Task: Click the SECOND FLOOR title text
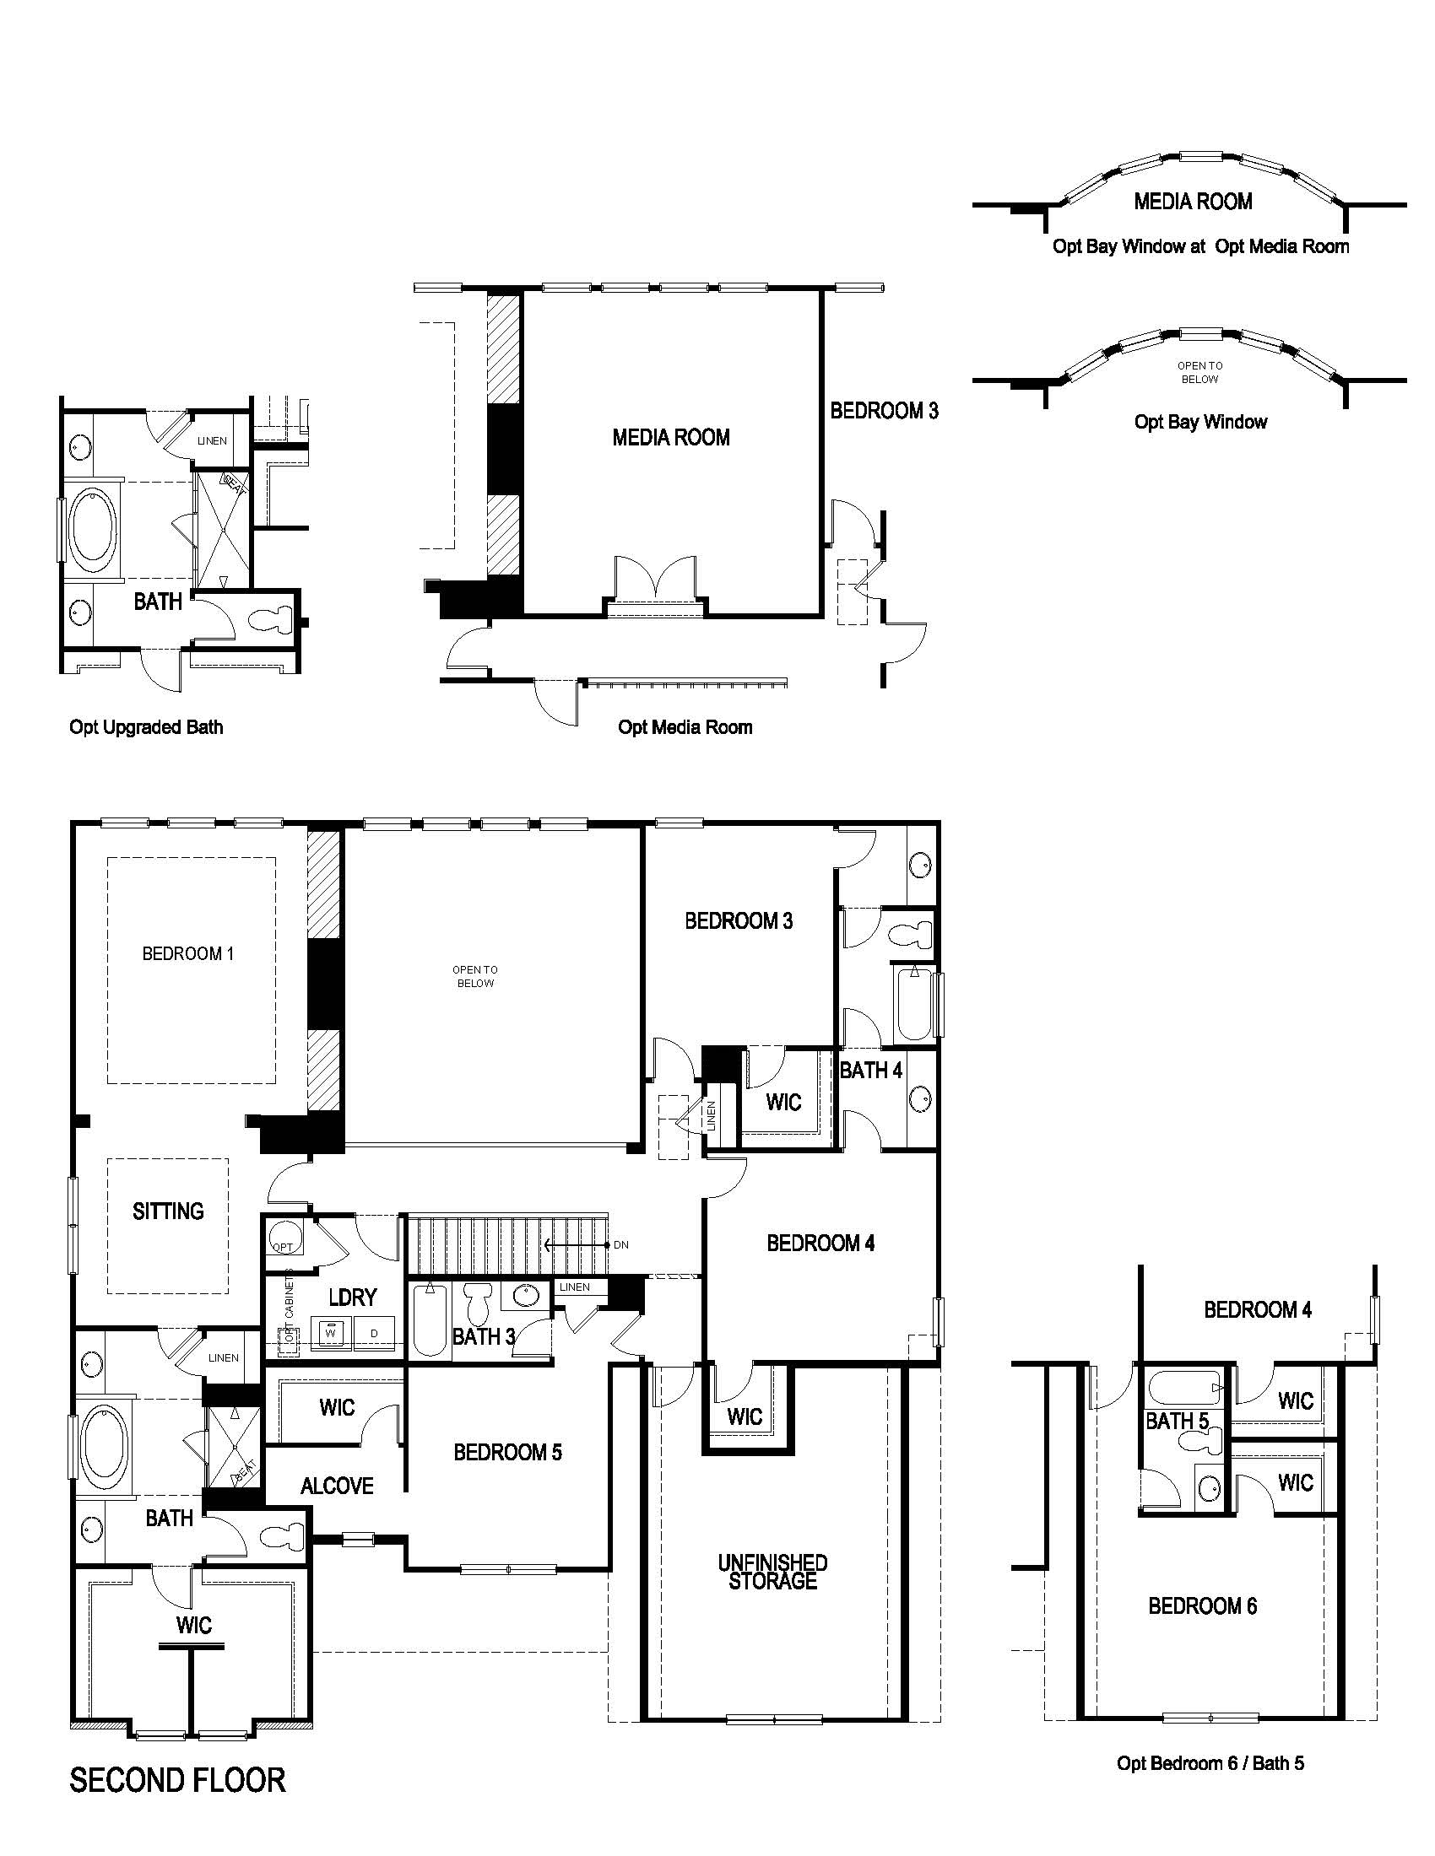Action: point(176,1779)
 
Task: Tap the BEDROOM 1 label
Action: point(188,953)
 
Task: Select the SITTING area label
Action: point(168,1211)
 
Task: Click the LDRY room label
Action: point(352,1297)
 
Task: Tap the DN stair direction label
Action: point(620,1245)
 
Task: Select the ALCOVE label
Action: point(337,1486)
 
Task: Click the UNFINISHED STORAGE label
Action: point(772,1572)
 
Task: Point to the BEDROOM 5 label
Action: point(507,1452)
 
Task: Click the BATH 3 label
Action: point(483,1337)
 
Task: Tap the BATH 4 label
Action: point(870,1071)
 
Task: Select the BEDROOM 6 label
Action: point(1202,1606)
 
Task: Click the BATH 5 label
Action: point(1177,1421)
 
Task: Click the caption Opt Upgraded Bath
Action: point(146,727)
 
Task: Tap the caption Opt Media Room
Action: point(685,727)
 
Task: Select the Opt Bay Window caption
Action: point(1200,423)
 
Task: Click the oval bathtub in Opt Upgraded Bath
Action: point(93,532)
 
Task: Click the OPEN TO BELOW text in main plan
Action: point(474,976)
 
